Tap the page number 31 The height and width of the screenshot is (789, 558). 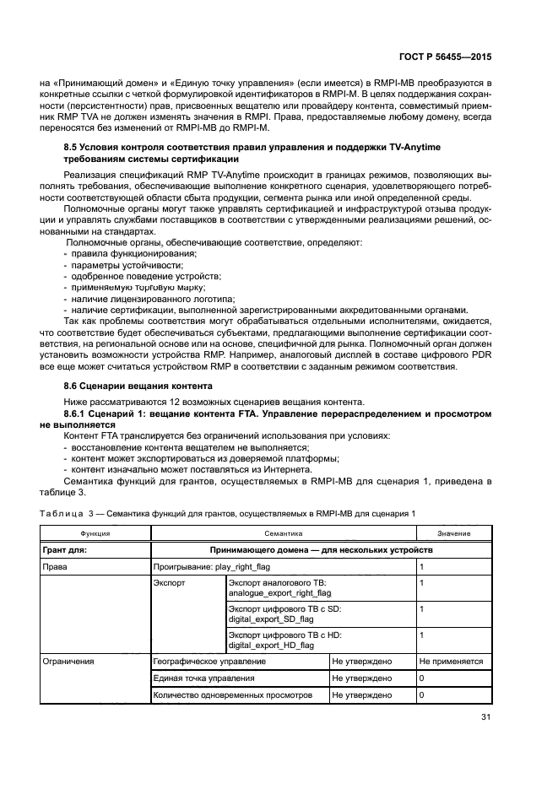[485, 718]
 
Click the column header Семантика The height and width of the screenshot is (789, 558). [283, 533]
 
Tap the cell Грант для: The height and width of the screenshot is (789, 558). [65, 549]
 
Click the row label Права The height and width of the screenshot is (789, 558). [56, 567]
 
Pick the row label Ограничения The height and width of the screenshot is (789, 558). [68, 662]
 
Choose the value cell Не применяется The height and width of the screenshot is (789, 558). [451, 662]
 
